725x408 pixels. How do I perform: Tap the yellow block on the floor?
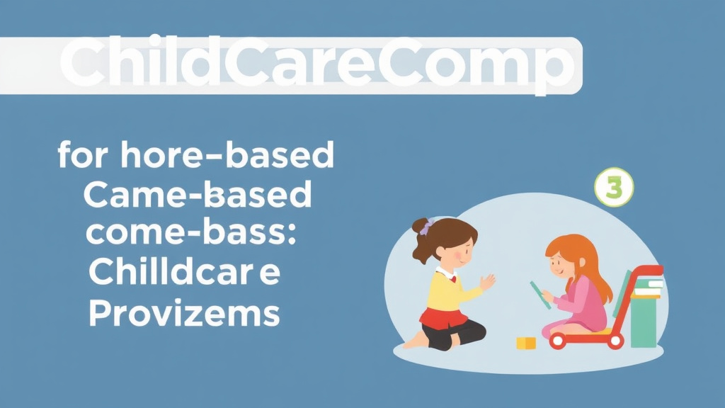[526, 343]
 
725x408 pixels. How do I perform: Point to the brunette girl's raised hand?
[488, 283]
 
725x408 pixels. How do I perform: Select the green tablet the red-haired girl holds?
[540, 294]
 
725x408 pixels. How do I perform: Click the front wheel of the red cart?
[558, 341]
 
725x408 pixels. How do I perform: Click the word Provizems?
[183, 312]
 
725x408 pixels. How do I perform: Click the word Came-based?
[197, 195]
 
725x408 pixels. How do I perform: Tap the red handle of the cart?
[641, 271]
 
